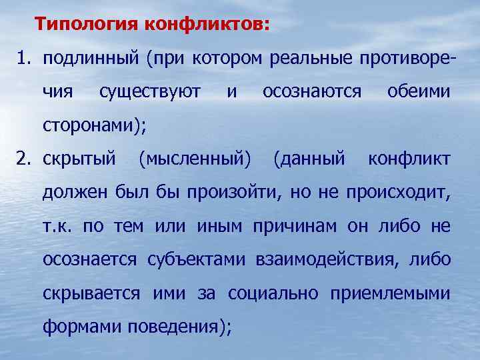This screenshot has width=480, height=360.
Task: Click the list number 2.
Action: pyautogui.click(x=23, y=159)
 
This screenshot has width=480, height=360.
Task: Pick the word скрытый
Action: pyautogui.click(x=79, y=159)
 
